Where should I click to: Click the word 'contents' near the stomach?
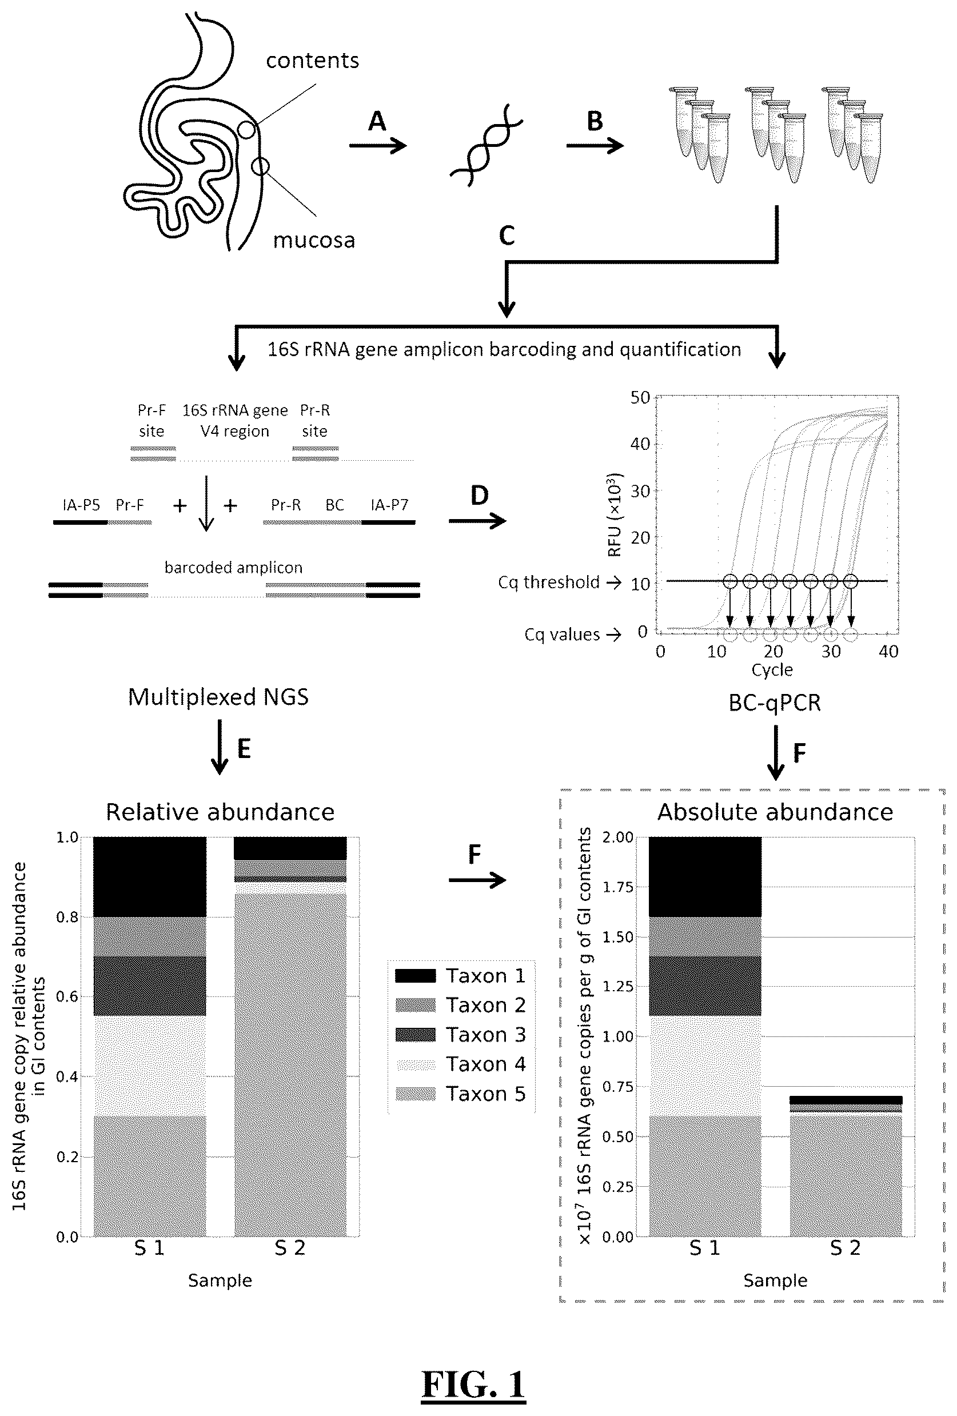coord(313,61)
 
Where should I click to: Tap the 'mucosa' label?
coord(314,240)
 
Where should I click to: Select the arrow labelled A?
coord(378,146)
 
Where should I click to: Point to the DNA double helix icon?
coord(486,145)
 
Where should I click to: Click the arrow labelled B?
coord(595,146)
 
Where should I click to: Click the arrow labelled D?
coord(477,520)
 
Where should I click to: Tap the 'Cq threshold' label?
coord(549,583)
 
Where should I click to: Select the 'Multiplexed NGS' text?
coord(218,697)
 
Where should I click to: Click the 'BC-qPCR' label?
coord(775,703)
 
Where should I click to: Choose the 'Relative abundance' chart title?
coord(220,812)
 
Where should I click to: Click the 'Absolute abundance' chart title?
coord(775,812)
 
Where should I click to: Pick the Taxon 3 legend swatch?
coord(416,1034)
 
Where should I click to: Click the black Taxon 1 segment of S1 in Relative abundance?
coord(150,877)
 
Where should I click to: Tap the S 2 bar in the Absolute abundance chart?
coord(846,1166)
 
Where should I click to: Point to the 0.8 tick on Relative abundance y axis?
coord(67,917)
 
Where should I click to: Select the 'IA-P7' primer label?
coord(389,505)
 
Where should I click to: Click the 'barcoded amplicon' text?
coord(233,567)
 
